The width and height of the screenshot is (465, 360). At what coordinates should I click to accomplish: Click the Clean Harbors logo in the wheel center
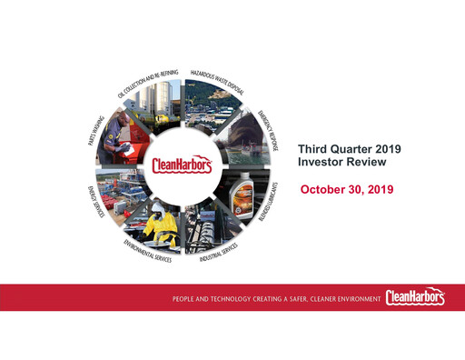pos(180,166)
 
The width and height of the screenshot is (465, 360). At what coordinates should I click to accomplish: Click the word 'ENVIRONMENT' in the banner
pos(346,298)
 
